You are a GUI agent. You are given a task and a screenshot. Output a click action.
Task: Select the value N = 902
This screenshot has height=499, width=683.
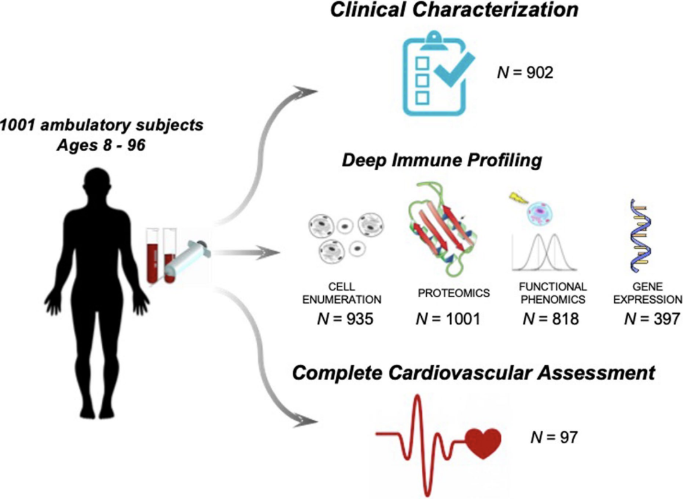[x=525, y=73]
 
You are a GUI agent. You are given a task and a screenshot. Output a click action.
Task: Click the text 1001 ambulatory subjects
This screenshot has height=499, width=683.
[x=101, y=125]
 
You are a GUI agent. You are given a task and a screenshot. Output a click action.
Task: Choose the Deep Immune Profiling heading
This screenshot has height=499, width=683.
[x=442, y=161]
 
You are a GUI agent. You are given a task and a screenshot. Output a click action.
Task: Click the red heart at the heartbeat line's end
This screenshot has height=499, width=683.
[x=483, y=438]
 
